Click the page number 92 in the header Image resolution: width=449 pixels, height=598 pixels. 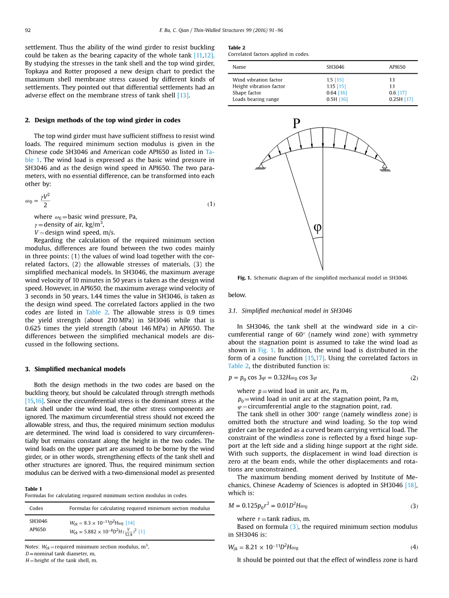pos(28,31)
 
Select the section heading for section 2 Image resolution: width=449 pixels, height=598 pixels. pos(102,120)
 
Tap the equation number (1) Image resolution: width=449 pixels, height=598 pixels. pos(211,204)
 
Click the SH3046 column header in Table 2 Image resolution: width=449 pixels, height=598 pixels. pos(335,67)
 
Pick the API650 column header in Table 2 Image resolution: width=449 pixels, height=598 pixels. pos(397,67)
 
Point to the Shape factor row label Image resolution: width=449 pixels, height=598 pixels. pos(247,93)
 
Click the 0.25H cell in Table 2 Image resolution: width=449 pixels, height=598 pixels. pos(400,99)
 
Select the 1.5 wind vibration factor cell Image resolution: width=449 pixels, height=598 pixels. pos(330,80)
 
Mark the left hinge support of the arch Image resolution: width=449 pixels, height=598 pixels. pos(261,167)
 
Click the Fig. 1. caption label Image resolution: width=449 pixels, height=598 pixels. pos(244,278)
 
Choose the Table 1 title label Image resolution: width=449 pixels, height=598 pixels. pos(33,489)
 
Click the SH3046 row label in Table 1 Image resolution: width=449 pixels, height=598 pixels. pos(38,521)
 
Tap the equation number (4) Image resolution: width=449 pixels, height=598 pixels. pos(414,547)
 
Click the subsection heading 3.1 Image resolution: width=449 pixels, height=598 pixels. pos(290,311)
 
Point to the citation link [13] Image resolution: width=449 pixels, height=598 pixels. pos(183,95)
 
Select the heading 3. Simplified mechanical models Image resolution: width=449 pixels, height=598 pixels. pos(75,369)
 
